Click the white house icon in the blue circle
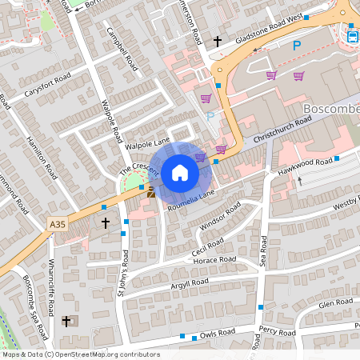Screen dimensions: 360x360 click(180, 171)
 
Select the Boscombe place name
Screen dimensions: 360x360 click(331, 107)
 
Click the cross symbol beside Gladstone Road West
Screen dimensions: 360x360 click(217, 41)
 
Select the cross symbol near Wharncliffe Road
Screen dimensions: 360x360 click(66, 321)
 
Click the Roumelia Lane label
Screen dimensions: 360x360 click(191, 197)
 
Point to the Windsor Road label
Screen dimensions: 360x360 click(222, 214)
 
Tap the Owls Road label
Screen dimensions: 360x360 click(218, 331)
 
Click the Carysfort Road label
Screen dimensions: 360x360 click(47, 84)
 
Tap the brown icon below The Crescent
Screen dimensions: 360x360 click(150, 192)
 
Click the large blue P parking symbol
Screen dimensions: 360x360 click(296, 46)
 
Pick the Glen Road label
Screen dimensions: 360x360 click(335, 302)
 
